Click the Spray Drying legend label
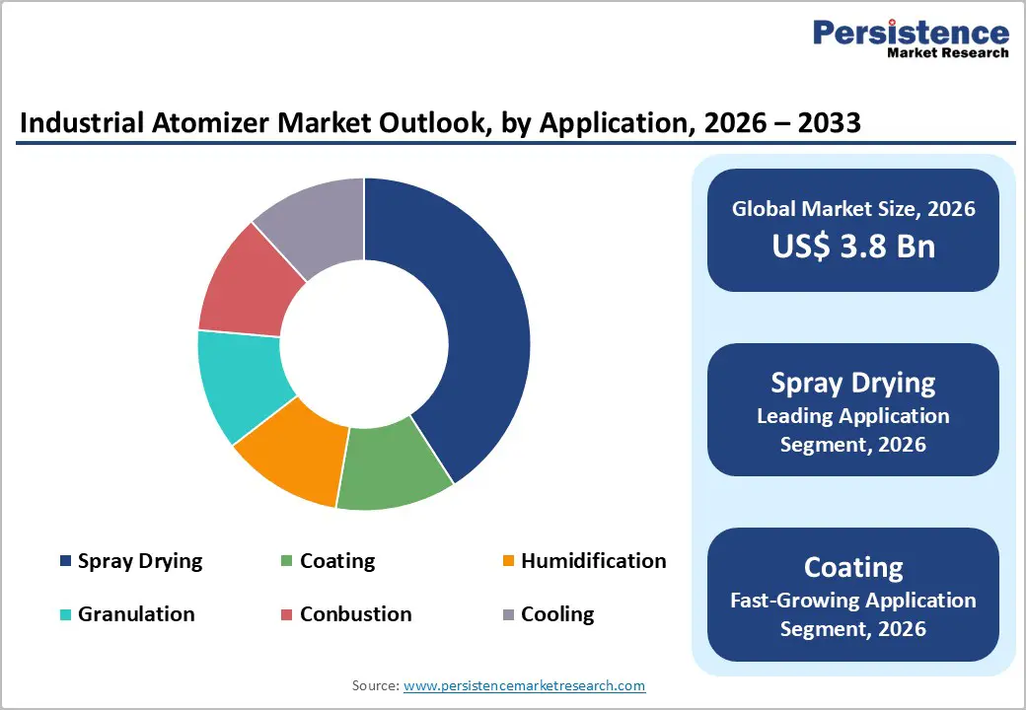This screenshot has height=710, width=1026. (139, 561)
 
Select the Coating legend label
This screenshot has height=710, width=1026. (337, 561)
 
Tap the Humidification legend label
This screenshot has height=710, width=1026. (593, 561)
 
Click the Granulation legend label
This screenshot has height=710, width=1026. (136, 614)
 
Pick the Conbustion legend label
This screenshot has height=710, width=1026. (355, 614)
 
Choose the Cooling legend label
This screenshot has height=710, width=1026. (557, 614)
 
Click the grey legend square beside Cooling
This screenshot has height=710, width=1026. (508, 615)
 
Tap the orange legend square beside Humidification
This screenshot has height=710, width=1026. (508, 562)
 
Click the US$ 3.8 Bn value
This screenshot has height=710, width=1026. (853, 247)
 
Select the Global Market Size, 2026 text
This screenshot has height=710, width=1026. (853, 208)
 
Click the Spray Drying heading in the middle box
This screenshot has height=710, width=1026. (853, 383)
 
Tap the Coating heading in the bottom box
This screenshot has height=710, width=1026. (853, 567)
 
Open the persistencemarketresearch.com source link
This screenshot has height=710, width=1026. (524, 685)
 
